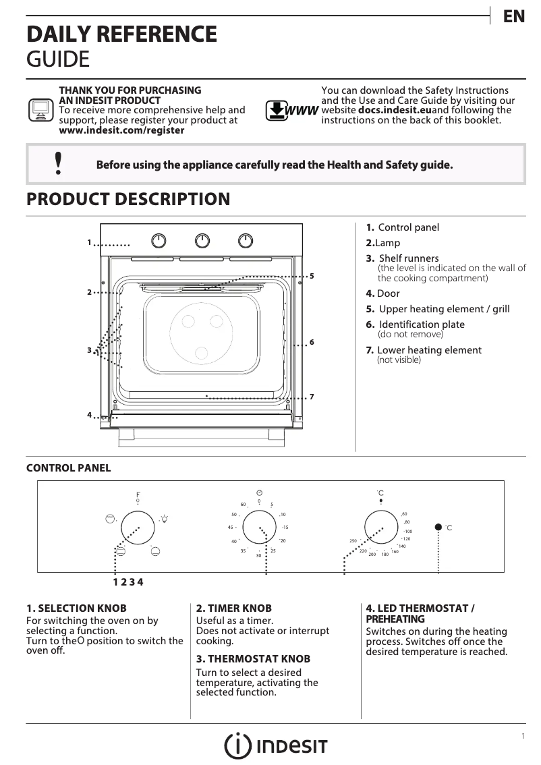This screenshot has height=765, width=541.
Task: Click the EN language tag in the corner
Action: (514, 17)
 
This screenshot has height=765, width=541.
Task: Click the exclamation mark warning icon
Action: (59, 164)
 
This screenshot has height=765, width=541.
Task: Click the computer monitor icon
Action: (40, 109)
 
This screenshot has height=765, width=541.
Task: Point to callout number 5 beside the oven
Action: (312, 276)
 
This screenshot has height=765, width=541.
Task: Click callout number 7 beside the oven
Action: (312, 396)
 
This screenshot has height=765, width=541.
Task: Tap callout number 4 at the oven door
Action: (89, 414)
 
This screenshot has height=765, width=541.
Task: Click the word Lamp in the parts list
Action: (387, 243)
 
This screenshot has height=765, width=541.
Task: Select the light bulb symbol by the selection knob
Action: (164, 519)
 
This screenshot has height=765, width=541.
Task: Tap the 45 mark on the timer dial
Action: (231, 527)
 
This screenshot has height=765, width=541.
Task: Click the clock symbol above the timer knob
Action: (259, 492)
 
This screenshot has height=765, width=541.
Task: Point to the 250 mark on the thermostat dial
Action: (352, 541)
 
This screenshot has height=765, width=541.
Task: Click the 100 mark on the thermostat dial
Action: (408, 532)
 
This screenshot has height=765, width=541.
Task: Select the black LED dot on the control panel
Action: (438, 527)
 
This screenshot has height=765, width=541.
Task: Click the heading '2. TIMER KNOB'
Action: (224, 608)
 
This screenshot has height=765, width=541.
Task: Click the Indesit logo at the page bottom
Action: (276, 745)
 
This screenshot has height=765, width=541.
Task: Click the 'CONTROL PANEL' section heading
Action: (68, 468)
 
